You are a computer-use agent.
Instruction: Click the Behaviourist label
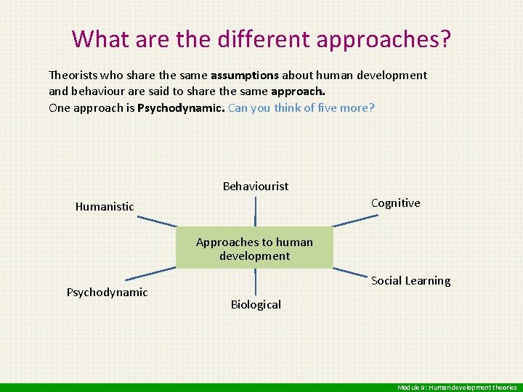pos(255,187)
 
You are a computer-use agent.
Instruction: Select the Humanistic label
pos(105,207)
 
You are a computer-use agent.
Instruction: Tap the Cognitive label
pos(395,203)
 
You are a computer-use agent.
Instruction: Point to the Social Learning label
pos(410,281)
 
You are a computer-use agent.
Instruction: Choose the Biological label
pos(256,305)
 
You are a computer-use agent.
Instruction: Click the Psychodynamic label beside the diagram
pos(107,293)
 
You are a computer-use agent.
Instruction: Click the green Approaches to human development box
pos(254,249)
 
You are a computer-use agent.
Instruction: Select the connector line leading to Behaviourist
pos(255,212)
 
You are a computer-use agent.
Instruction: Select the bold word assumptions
pos(245,75)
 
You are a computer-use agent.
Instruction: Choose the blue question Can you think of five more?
pos(301,108)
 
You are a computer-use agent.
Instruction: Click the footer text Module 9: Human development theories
pos(457,388)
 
